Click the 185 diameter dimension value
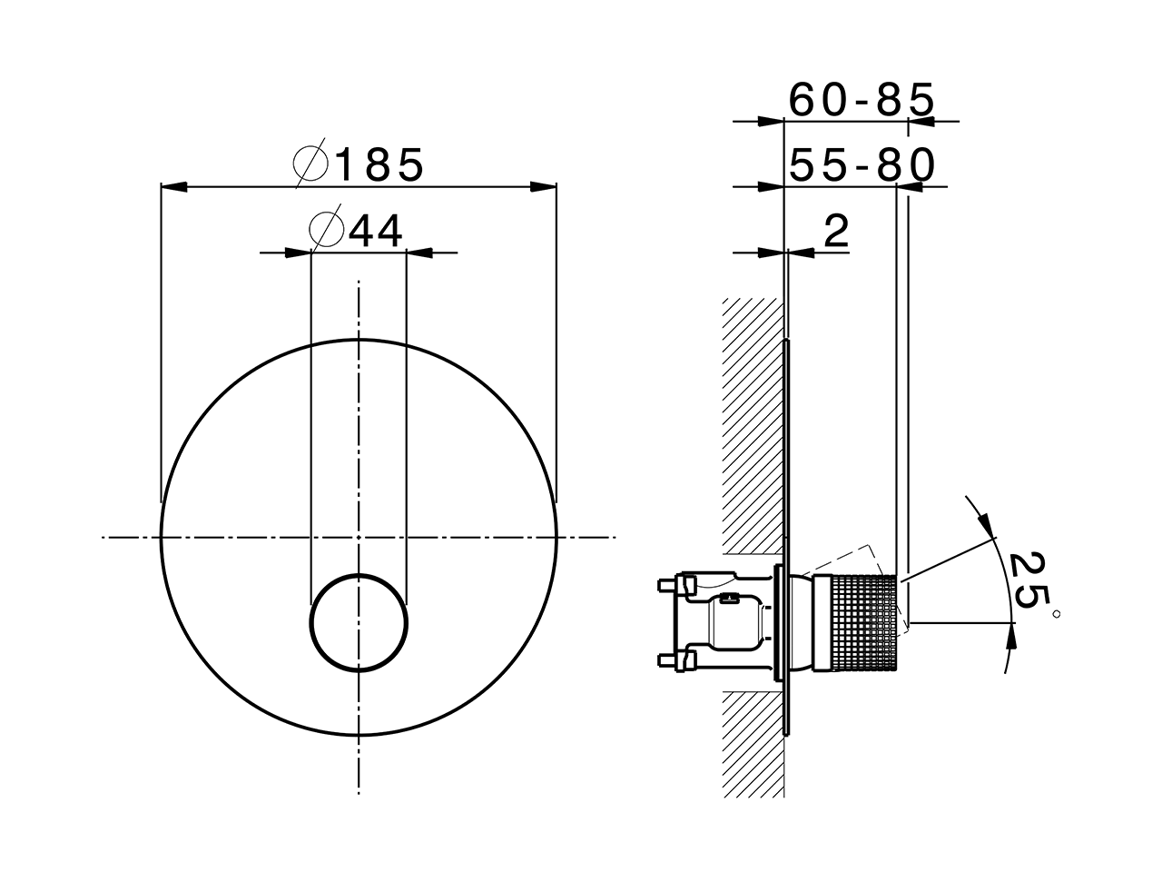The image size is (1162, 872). (x=379, y=165)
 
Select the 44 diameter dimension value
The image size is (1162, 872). (x=376, y=232)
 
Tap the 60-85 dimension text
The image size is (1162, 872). (x=860, y=100)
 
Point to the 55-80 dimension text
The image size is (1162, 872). (x=861, y=166)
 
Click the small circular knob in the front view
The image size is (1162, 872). (x=359, y=623)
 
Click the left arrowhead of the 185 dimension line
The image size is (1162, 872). (x=172, y=188)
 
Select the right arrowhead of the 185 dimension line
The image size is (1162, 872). (x=544, y=188)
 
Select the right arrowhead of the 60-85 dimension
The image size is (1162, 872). (x=921, y=121)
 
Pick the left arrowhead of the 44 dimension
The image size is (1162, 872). (x=299, y=253)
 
